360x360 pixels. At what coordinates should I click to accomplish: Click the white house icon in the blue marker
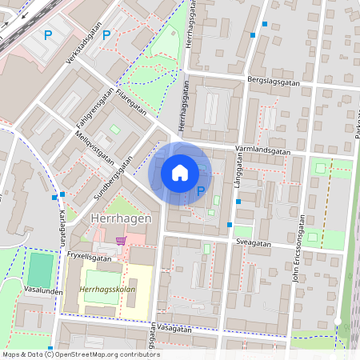click(x=180, y=173)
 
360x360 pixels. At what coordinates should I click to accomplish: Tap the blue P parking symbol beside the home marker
click(x=201, y=191)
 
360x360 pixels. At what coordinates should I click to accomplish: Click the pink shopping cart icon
click(x=121, y=239)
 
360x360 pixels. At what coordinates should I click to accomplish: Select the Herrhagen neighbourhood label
click(x=117, y=219)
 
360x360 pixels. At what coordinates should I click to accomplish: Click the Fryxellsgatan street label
click(x=89, y=258)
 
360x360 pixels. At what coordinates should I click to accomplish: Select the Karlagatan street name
click(x=59, y=229)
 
